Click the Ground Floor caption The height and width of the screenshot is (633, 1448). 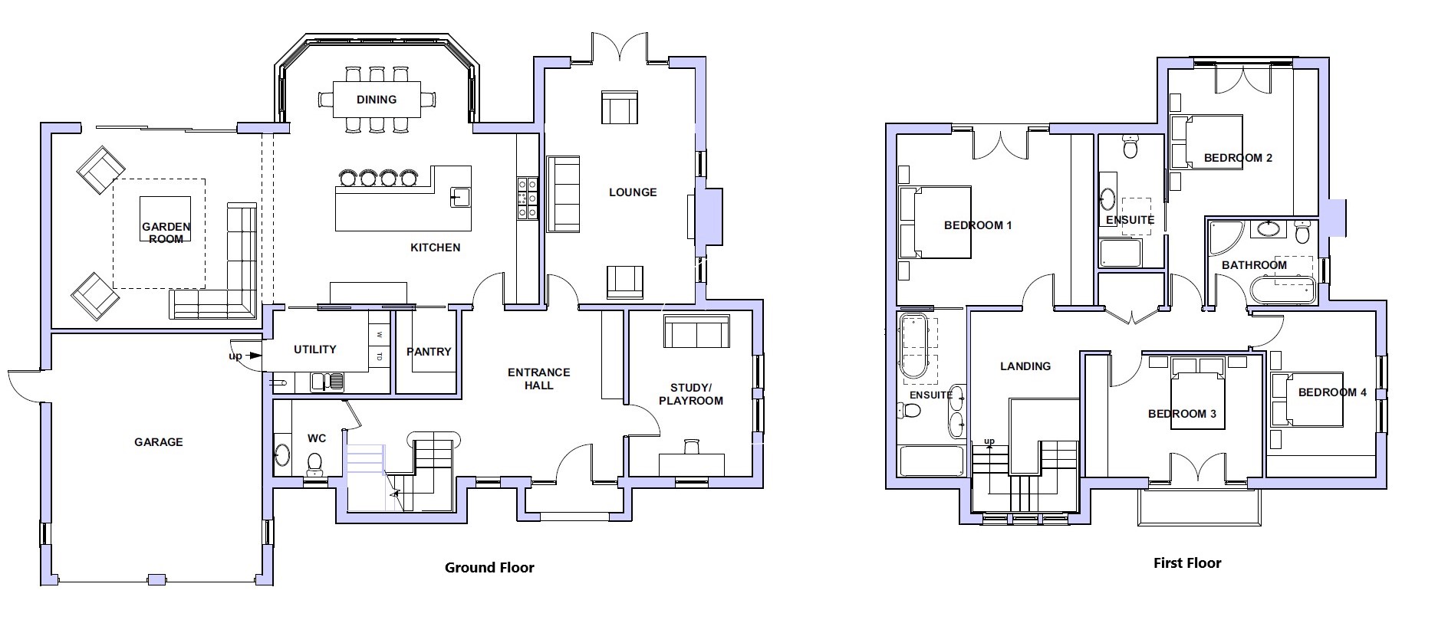tap(489, 568)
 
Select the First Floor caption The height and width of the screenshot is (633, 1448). tap(1187, 563)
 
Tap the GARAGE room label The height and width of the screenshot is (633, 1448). tap(159, 442)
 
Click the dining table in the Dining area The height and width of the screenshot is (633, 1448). tap(377, 100)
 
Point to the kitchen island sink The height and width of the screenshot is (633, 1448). tap(460, 196)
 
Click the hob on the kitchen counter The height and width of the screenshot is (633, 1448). tap(527, 198)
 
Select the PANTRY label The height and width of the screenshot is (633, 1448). tap(429, 351)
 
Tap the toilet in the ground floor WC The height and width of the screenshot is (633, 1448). tap(314, 462)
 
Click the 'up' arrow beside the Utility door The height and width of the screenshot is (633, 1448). tap(237, 356)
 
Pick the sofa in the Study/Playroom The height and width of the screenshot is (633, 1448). tap(696, 331)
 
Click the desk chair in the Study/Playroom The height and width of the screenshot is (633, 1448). tap(693, 446)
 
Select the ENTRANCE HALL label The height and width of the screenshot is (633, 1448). tap(539, 379)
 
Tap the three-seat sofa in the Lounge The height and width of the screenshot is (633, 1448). tap(564, 193)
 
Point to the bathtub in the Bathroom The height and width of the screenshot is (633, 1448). tap(1282, 290)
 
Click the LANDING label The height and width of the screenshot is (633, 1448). tap(1025, 366)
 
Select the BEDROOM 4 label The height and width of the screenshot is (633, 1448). tap(1332, 392)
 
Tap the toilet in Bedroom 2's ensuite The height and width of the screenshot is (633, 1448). tap(1130, 146)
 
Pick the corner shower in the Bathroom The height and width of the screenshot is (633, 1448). tap(1223, 239)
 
